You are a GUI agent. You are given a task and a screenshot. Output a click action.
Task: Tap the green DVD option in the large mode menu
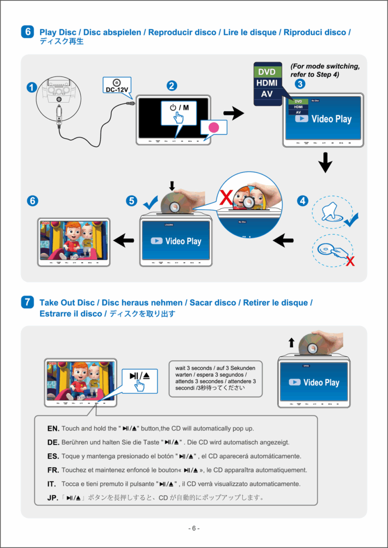267,71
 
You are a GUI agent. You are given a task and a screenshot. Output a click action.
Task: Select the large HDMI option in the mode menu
267,83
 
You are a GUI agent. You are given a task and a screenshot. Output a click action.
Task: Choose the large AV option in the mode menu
267,95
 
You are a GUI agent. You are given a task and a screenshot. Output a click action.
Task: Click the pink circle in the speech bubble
214,128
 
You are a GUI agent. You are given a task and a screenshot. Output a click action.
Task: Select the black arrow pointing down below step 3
325,163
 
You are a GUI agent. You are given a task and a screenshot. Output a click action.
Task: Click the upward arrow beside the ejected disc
291,342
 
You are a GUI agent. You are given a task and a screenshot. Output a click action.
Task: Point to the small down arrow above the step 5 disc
172,186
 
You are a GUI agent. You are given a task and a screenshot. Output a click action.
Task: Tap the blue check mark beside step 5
150,202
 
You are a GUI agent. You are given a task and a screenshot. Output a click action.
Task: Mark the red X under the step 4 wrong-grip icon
350,261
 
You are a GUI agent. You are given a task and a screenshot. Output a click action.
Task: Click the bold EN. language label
53,429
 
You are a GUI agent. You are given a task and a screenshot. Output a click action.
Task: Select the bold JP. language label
53,498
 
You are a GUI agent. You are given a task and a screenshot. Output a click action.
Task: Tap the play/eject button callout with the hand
140,379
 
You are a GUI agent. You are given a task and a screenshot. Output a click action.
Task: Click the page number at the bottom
194,529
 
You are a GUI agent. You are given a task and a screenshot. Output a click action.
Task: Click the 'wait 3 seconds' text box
216,378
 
